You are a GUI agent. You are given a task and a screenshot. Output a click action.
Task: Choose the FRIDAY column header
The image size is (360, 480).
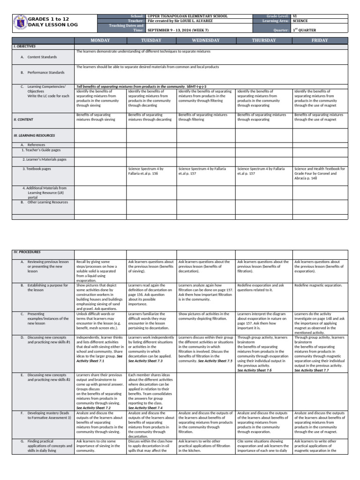320,40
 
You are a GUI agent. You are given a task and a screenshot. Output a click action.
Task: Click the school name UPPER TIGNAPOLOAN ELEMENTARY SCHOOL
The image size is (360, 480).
187,16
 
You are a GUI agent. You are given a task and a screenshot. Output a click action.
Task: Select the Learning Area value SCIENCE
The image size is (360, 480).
300,21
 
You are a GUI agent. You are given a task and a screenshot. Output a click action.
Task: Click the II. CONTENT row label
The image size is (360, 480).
23,120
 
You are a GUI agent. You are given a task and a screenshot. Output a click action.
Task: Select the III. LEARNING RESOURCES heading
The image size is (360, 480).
34,135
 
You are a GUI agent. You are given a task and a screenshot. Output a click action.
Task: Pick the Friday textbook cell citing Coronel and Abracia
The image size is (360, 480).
320,173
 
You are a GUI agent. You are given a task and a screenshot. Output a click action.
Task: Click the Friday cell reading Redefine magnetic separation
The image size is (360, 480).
318,285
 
